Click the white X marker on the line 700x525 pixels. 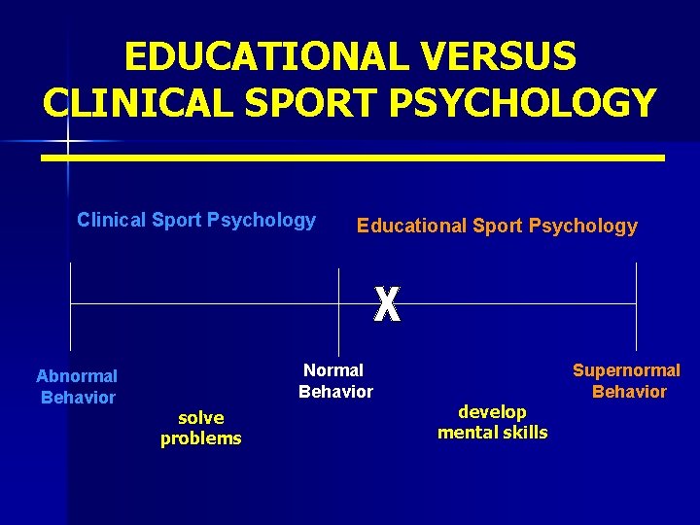pyautogui.click(x=387, y=305)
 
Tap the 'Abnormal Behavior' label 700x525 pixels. pyautogui.click(x=77, y=386)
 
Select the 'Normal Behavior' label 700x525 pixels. pyautogui.click(x=335, y=381)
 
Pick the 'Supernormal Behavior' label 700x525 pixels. pyautogui.click(x=627, y=381)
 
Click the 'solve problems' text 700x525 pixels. pyautogui.click(x=201, y=428)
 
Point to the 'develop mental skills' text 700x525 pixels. pyautogui.click(x=492, y=422)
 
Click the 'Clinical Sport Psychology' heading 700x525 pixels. pyautogui.click(x=196, y=220)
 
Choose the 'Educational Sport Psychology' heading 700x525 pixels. pyautogui.click(x=497, y=227)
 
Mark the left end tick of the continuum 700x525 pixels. pyautogui.click(x=71, y=305)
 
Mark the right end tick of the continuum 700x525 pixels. pyautogui.click(x=636, y=305)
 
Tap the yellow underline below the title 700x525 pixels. pyautogui.click(x=353, y=157)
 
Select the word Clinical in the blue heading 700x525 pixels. pyautogui.click(x=112, y=220)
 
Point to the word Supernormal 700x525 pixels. pyautogui.click(x=626, y=370)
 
